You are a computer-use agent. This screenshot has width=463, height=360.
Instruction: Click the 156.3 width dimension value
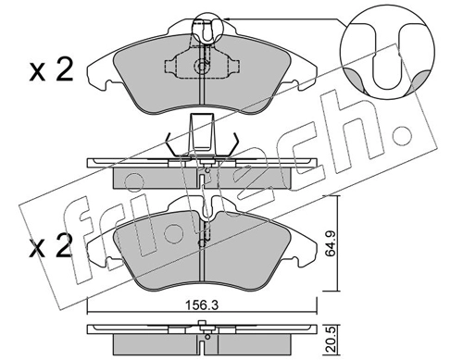pyautogui.click(x=202, y=305)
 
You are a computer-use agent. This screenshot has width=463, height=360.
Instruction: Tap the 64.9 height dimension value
pyautogui.click(x=332, y=244)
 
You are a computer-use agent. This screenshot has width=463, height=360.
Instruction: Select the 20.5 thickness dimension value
pyautogui.click(x=332, y=340)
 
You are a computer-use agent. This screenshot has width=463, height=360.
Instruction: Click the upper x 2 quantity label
pyautogui.click(x=51, y=71)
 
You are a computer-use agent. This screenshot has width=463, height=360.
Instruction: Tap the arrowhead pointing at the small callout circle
pyautogui.click(x=227, y=19)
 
